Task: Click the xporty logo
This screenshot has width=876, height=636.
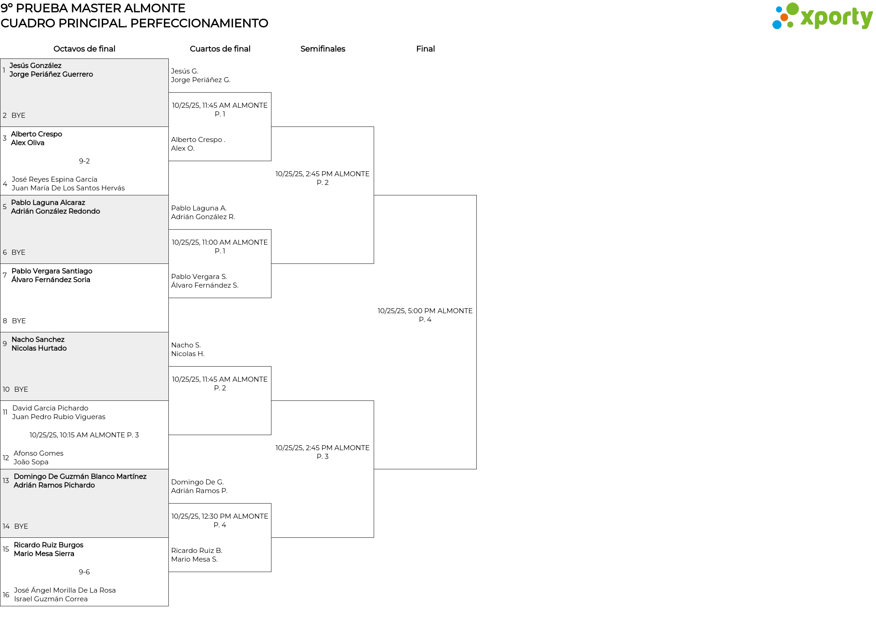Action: tap(822, 16)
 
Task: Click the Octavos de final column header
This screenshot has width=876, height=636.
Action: tap(84, 49)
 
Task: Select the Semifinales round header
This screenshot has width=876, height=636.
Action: tap(323, 49)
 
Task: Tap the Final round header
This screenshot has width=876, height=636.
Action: tap(425, 49)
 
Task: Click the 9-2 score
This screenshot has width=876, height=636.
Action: tap(84, 161)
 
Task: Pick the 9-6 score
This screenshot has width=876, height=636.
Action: tap(84, 572)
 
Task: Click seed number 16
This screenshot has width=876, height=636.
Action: tap(6, 595)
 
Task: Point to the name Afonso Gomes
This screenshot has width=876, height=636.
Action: tap(38, 453)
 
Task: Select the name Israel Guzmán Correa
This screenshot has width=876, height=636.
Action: tap(51, 599)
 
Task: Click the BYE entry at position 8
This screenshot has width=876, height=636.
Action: tap(19, 321)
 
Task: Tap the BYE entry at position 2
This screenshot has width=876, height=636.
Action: tap(18, 116)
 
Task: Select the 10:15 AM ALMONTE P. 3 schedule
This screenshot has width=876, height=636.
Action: tap(84, 435)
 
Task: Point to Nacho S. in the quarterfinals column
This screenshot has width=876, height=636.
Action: tap(186, 345)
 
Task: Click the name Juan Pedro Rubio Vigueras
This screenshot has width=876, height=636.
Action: tap(59, 417)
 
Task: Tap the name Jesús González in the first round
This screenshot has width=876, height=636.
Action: tap(36, 66)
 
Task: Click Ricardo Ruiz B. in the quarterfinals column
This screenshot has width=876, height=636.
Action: tap(197, 551)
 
